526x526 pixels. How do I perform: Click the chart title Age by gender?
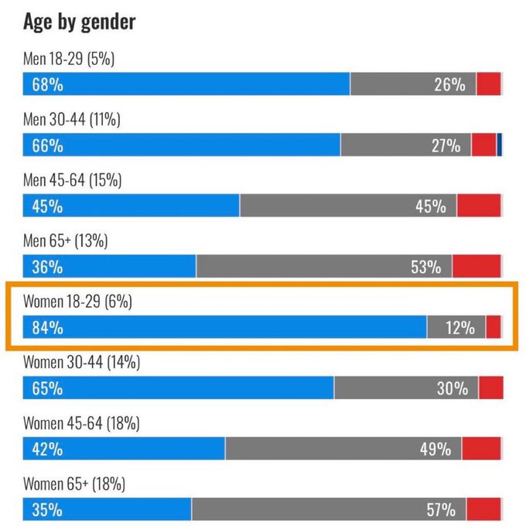(x=79, y=22)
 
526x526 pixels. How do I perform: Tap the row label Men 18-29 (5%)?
(x=69, y=59)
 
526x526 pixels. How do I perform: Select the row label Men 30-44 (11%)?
(x=72, y=120)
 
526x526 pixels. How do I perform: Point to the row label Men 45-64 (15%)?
(x=72, y=180)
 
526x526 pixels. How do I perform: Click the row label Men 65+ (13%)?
(x=65, y=241)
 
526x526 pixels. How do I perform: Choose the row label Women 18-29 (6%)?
(x=77, y=302)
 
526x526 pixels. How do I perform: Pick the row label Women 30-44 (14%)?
(x=81, y=362)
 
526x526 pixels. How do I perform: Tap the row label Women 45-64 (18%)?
(x=81, y=423)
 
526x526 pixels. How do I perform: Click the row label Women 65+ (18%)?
(x=74, y=484)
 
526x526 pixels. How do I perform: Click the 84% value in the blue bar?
(x=47, y=328)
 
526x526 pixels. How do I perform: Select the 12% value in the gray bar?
(x=459, y=328)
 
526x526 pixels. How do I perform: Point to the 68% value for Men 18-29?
(x=47, y=84)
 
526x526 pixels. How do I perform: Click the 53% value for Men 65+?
(x=425, y=267)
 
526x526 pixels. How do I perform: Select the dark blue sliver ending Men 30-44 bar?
(x=500, y=145)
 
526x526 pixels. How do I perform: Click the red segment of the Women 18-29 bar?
(x=494, y=328)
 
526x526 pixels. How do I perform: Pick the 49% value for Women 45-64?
(x=435, y=449)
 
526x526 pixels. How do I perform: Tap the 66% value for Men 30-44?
(x=47, y=145)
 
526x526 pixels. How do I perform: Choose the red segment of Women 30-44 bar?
(x=490, y=388)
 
